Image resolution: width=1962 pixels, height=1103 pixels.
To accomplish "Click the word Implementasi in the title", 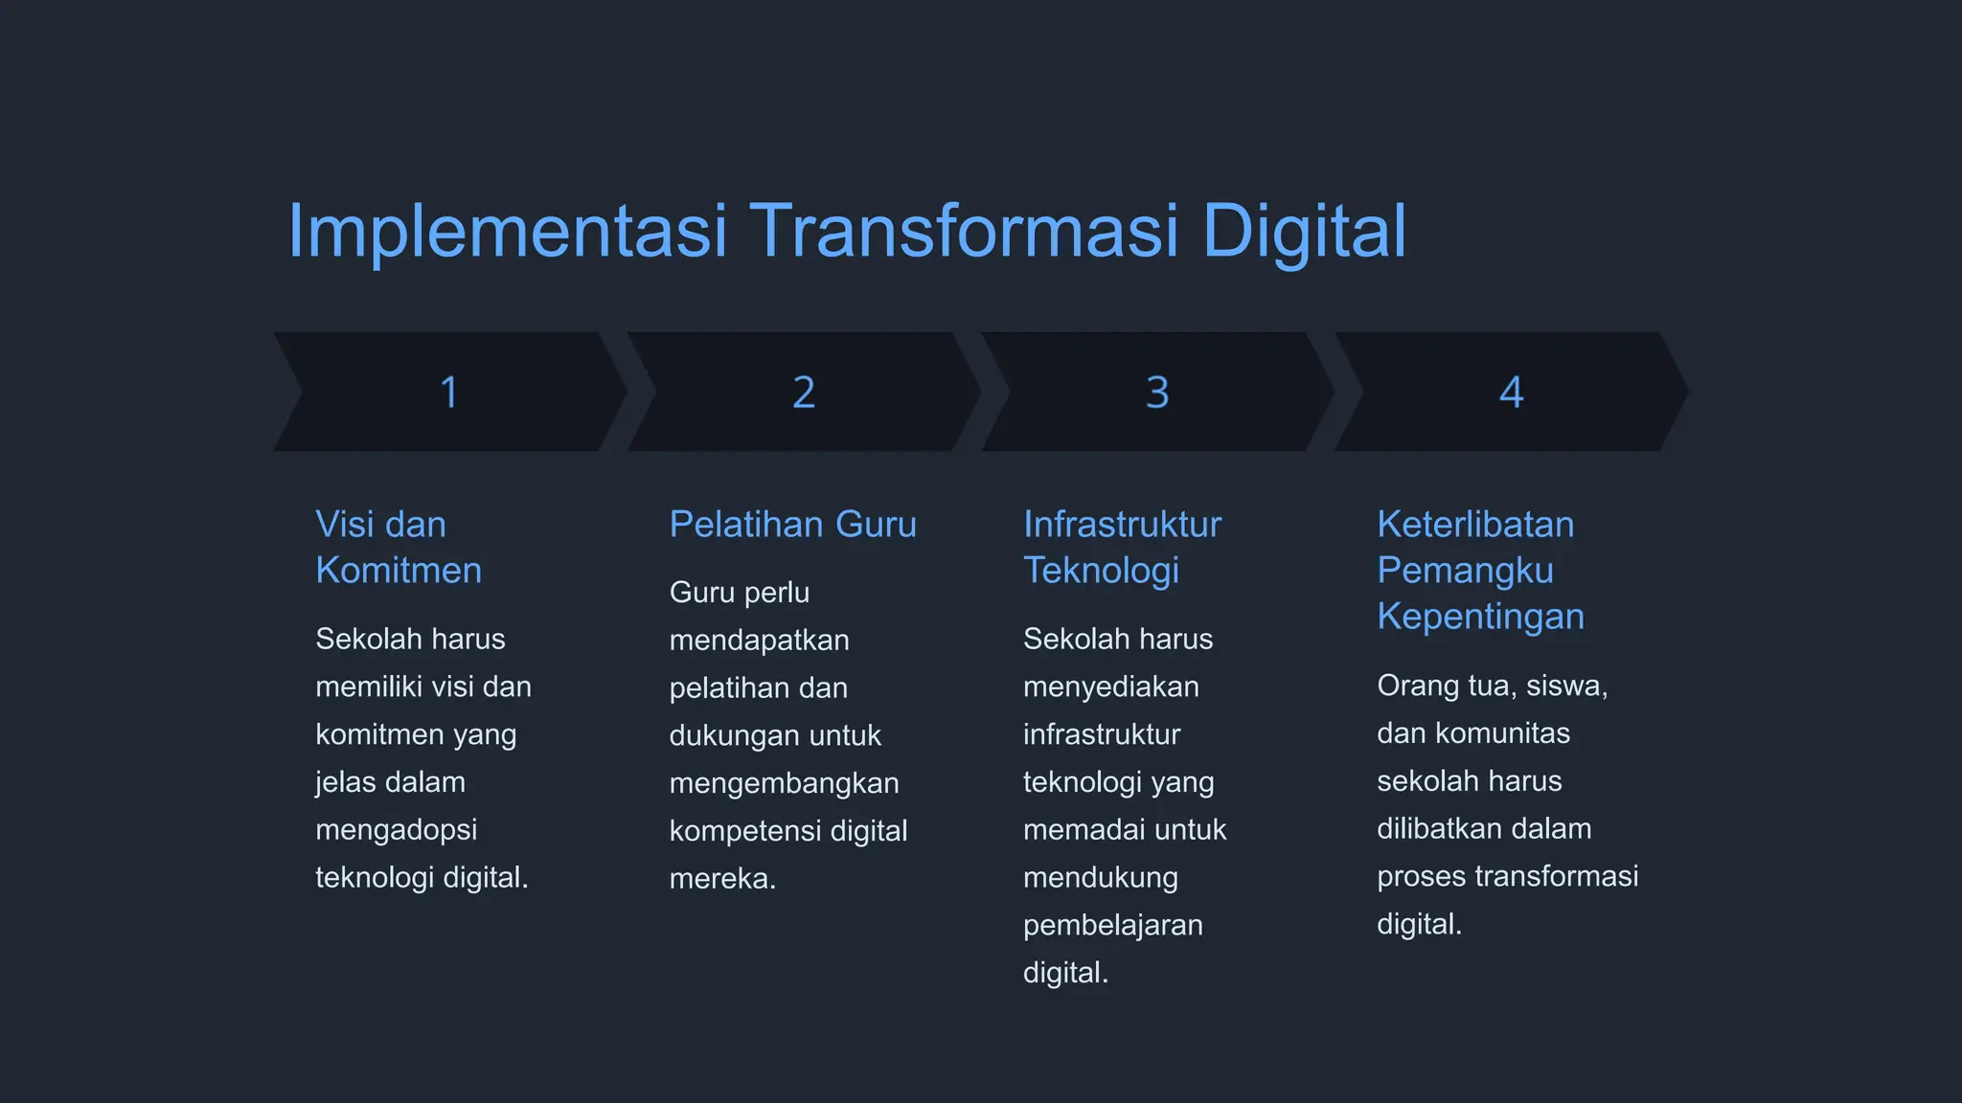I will click(x=507, y=232).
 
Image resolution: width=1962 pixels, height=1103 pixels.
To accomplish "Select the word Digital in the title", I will click(x=1304, y=232).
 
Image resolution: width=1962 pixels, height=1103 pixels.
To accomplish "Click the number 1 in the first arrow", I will click(x=448, y=393).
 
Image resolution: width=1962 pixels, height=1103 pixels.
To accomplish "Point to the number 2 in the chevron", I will click(x=804, y=393).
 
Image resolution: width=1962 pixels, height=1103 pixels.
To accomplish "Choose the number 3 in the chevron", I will click(x=1157, y=393).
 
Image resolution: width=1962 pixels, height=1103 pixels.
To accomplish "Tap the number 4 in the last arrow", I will click(x=1511, y=393).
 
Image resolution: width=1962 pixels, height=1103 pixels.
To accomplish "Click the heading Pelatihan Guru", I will click(x=792, y=525).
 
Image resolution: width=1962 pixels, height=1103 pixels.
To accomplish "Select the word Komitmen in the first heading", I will click(x=399, y=571).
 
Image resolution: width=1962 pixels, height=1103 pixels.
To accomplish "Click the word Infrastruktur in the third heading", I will click(x=1122, y=525).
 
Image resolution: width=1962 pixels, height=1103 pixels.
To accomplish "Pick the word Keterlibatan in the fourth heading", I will click(x=1475, y=525).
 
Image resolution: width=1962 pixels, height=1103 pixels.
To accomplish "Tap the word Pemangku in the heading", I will click(x=1465, y=571).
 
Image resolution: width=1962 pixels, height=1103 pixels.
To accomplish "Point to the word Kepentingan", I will click(x=1480, y=617).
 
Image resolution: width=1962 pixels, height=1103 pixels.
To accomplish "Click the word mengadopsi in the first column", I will click(x=396, y=830).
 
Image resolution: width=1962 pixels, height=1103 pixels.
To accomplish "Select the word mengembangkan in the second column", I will click(x=784, y=783).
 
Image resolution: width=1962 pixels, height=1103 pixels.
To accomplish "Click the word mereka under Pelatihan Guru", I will click(x=721, y=879).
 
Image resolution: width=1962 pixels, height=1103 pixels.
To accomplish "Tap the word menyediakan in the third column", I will click(x=1110, y=687).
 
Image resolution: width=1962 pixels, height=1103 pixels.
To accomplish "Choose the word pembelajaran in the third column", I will click(x=1112, y=926).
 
